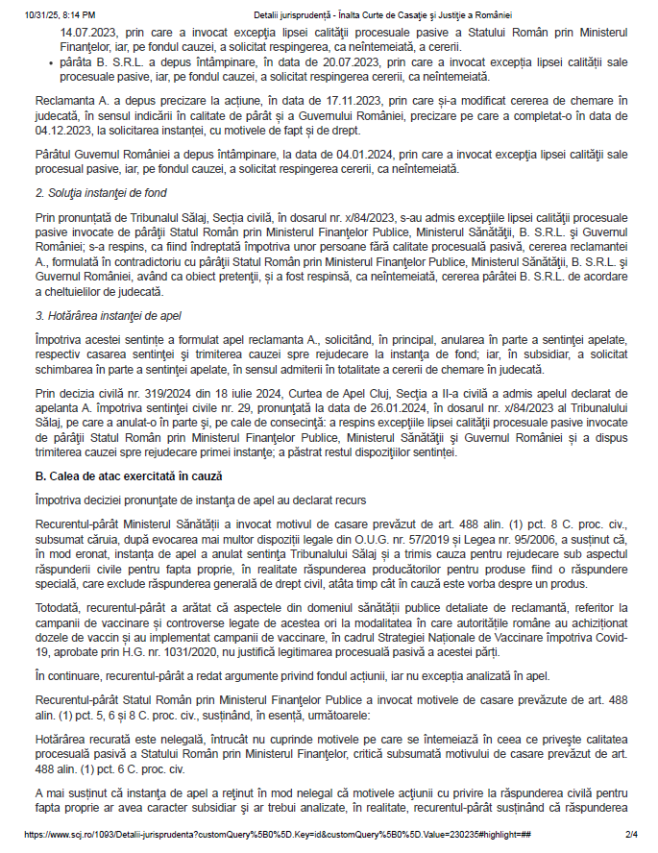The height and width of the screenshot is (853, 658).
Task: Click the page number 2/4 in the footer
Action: pos(632,835)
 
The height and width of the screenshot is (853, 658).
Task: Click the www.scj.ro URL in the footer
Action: pos(279,835)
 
